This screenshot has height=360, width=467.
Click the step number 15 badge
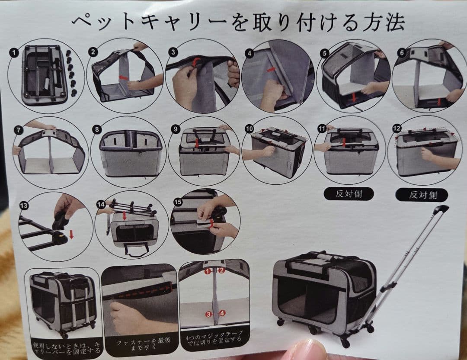coord(178,202)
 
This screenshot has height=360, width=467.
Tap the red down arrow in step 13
coord(71,235)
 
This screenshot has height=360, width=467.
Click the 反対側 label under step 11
coord(349,194)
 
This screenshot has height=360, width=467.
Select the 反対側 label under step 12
coord(422,195)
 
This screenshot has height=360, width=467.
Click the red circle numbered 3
coord(208,314)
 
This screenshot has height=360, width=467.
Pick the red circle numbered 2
coord(221,271)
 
